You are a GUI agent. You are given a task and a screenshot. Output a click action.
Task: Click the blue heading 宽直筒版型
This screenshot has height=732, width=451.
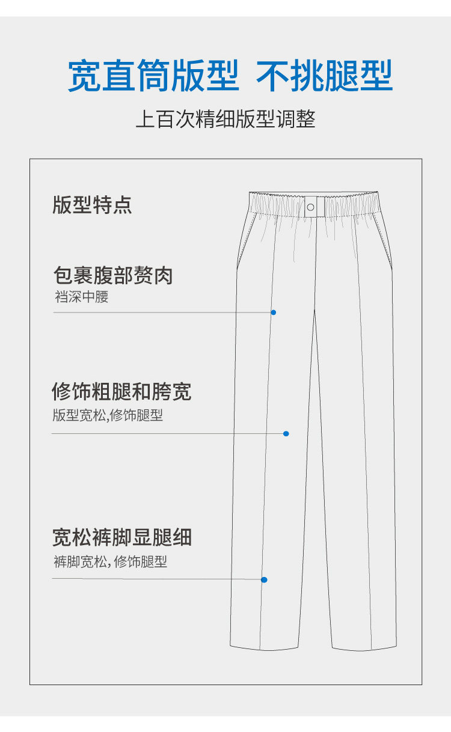coord(153,76)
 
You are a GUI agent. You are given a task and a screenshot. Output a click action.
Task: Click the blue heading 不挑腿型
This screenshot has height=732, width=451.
coord(324,76)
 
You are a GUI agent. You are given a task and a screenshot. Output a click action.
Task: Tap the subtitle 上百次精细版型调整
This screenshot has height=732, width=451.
coord(226,119)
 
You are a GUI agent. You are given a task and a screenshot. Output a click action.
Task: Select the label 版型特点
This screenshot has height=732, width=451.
coord(92,205)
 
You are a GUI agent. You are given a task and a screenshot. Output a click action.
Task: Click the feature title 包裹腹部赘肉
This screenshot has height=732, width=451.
coord(113,276)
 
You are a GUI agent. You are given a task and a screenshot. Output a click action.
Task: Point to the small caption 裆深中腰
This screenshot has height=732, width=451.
coord(82,297)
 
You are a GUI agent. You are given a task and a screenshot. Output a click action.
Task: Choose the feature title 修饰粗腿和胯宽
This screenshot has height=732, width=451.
coord(121,392)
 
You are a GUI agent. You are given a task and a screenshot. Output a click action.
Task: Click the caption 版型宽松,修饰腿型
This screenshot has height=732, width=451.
coord(108,415)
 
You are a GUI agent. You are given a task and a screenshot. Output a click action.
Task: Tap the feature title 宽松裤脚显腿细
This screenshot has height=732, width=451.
coord(122,537)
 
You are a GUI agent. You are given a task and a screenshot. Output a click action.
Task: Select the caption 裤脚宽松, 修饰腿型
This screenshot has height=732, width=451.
coord(110,562)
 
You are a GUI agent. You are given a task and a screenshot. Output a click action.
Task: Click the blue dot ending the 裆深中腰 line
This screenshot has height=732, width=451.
coord(274,313)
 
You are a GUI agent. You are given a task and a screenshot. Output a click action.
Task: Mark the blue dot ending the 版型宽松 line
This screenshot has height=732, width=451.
coord(286,433)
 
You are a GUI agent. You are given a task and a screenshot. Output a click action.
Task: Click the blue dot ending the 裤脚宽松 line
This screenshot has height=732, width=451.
coord(264,579)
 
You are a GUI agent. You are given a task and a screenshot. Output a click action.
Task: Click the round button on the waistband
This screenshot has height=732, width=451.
coord(311,207)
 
